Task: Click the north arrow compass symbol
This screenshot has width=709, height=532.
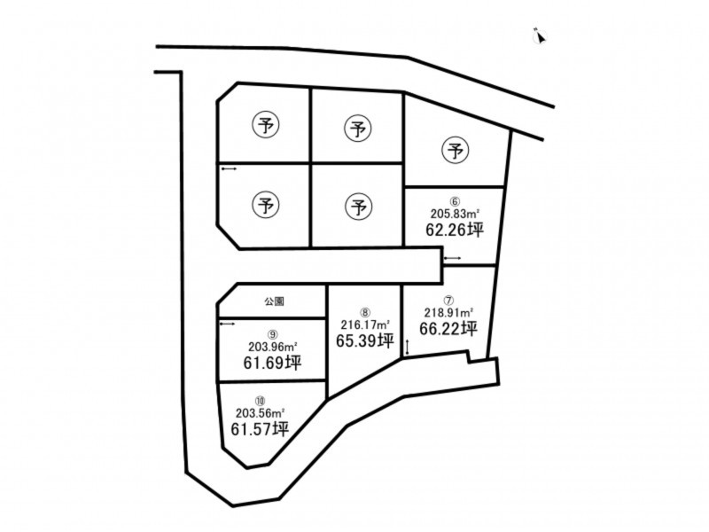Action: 540,36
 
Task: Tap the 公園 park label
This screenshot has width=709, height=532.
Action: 275,301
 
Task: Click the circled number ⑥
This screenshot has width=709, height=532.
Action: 455,202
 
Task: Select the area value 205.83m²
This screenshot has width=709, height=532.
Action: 455,214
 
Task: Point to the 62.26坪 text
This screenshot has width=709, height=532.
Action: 455,231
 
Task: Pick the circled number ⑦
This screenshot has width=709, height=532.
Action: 448,301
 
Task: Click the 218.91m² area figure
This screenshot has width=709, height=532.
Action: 448,312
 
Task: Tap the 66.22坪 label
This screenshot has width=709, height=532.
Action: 448,328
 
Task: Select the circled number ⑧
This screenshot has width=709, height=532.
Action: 365,313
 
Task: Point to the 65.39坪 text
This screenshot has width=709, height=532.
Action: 365,340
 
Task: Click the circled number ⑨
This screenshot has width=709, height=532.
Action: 272,335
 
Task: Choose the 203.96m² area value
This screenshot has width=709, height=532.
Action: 272,347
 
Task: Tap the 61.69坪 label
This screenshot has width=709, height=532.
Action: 272,363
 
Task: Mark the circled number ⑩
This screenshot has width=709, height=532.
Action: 260,401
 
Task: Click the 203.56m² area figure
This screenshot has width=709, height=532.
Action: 260,413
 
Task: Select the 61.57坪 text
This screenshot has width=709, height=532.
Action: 260,429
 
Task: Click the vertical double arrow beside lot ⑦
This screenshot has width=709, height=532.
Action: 408,348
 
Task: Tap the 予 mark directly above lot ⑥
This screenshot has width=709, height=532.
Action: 455,151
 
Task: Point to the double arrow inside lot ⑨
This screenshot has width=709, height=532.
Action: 228,324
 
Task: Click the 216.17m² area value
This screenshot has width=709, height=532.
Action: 365,325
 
